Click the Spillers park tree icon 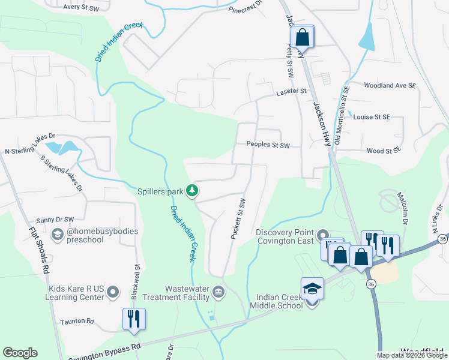point(192,191)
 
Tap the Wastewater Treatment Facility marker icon point(218,293)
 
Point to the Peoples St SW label point(268,145)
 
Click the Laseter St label point(291,92)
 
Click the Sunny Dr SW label point(55,220)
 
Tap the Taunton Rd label point(77,322)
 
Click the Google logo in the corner point(20,353)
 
